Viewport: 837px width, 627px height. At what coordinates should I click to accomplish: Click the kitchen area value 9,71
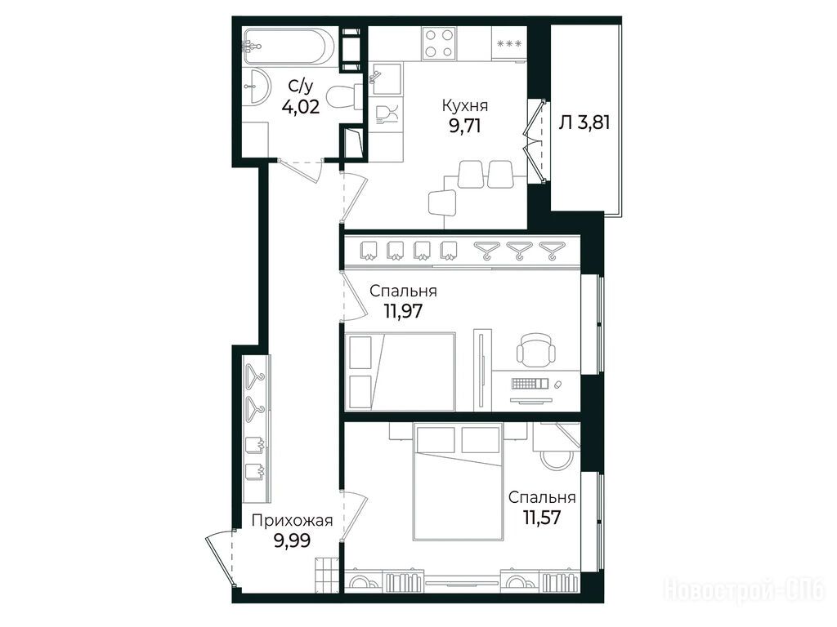[x=465, y=127]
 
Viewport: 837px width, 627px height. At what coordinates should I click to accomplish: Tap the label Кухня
[x=465, y=105]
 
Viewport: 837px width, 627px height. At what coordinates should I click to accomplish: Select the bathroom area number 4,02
[x=301, y=107]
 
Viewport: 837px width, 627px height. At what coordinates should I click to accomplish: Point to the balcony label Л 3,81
[x=584, y=122]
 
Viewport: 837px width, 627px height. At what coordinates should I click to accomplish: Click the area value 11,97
[x=404, y=310]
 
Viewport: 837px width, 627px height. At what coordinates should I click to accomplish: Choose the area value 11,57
[x=542, y=517]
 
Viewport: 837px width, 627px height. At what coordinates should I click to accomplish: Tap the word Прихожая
[x=292, y=521]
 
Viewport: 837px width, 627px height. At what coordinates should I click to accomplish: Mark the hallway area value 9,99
[x=292, y=540]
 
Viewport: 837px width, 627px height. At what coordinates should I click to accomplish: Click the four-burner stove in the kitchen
[x=439, y=43]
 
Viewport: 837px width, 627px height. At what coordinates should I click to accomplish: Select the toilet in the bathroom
[x=344, y=97]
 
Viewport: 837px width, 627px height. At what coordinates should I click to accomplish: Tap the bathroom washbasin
[x=257, y=85]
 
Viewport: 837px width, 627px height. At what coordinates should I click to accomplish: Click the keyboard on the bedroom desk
[x=530, y=383]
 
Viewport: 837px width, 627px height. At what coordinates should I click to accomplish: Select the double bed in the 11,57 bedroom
[x=459, y=482]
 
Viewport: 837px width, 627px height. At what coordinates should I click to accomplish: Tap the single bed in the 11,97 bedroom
[x=401, y=372]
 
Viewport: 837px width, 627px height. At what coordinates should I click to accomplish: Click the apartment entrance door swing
[x=220, y=557]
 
